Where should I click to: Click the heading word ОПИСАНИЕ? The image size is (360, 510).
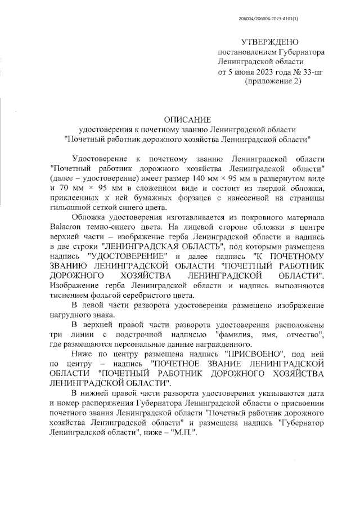[x=187, y=119]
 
